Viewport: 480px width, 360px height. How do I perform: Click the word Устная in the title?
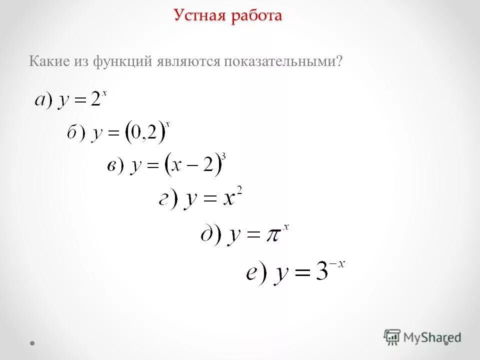point(200,15)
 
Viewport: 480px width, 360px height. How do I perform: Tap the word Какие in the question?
point(48,61)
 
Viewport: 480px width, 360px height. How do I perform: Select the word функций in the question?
point(118,61)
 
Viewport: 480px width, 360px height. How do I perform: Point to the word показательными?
point(283,61)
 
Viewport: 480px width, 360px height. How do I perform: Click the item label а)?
point(43,99)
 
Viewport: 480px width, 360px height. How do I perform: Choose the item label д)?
point(210,234)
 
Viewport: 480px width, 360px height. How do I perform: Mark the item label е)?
point(257,273)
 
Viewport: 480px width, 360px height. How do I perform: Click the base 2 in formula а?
point(95,99)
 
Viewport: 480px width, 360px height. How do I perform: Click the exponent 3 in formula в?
point(223,156)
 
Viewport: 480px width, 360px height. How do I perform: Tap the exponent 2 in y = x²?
point(239,192)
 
